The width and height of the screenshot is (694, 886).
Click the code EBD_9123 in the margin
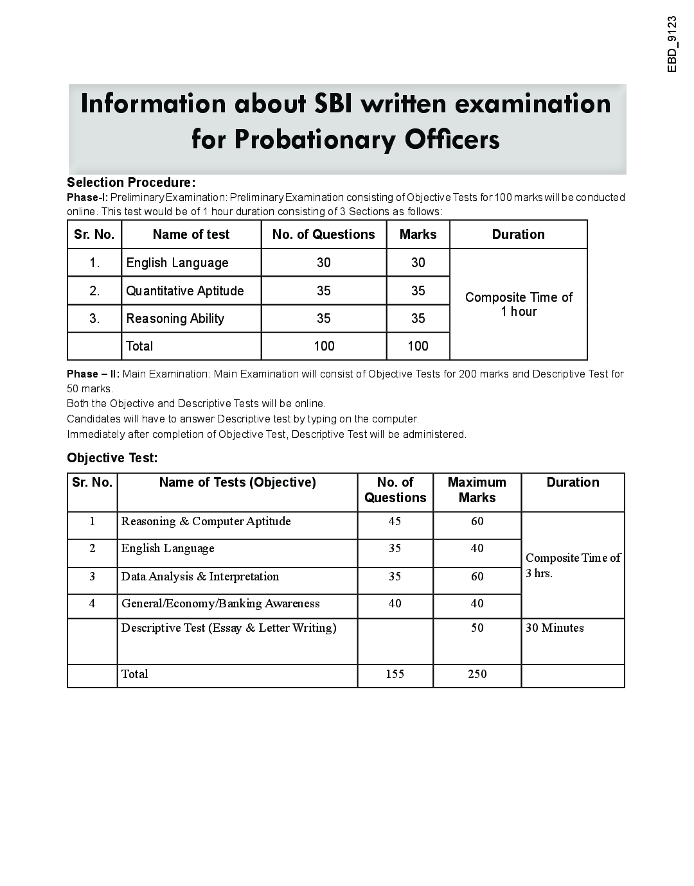tap(672, 44)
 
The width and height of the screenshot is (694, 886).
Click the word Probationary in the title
tap(313, 139)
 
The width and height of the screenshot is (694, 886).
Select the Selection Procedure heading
tap(131, 182)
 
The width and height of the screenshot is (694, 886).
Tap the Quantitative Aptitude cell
tap(185, 291)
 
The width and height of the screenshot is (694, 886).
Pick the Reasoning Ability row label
tap(175, 318)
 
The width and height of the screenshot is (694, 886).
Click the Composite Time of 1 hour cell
tap(519, 304)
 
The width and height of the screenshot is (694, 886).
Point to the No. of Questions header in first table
tap(323, 234)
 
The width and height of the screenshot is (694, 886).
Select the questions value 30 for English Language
tap(323, 263)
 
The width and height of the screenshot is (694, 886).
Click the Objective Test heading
tap(112, 458)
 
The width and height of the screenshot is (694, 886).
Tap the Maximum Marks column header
tap(477, 490)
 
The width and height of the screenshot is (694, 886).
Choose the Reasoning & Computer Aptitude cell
tap(206, 521)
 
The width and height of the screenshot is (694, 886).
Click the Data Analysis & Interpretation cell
tap(200, 577)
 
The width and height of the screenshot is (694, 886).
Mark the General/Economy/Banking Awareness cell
tap(220, 604)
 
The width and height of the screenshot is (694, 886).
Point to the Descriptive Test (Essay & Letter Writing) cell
tap(229, 628)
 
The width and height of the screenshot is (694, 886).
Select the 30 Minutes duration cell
tap(555, 628)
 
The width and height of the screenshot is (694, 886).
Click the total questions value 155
tap(395, 674)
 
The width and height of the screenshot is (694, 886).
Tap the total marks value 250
tap(477, 674)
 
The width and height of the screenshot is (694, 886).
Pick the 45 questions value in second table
tap(395, 521)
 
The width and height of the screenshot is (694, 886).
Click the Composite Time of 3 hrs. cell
tap(573, 565)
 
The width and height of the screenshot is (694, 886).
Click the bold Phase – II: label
tap(93, 374)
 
